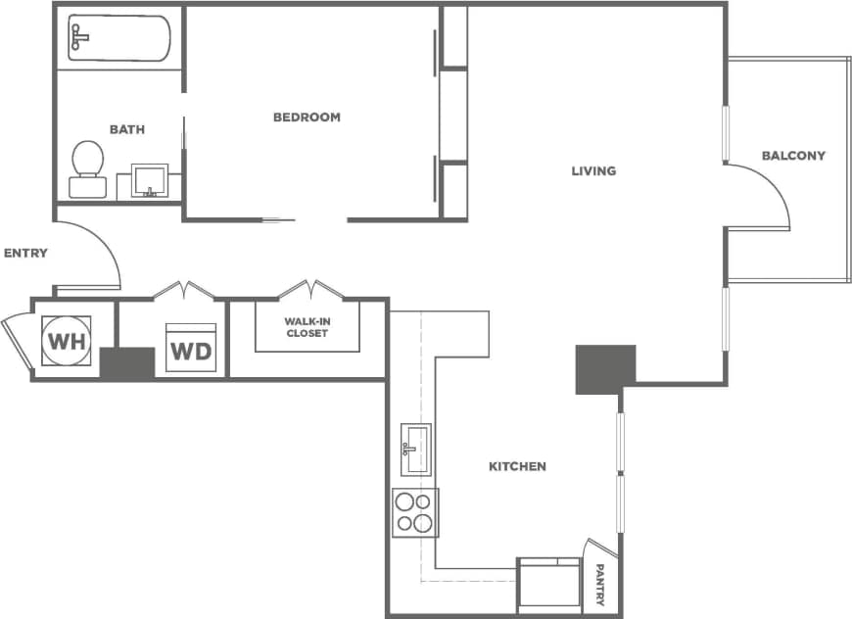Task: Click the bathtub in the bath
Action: click(x=118, y=38)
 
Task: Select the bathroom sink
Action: click(x=150, y=180)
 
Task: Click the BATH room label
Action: click(x=126, y=129)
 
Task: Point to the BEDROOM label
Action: click(x=307, y=118)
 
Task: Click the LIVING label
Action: click(x=593, y=171)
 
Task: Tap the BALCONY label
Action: click(x=793, y=156)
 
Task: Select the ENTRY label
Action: click(x=25, y=253)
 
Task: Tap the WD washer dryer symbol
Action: click(x=191, y=349)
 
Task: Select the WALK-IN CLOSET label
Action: click(x=307, y=327)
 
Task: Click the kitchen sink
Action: click(x=416, y=450)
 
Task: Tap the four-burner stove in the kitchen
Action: click(x=415, y=512)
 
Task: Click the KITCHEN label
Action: click(x=517, y=466)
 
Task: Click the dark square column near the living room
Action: click(x=605, y=369)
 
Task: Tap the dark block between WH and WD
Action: click(x=127, y=362)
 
